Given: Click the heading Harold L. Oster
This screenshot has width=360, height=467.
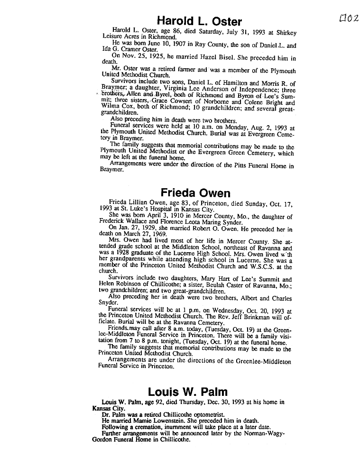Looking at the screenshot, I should click(x=199, y=21).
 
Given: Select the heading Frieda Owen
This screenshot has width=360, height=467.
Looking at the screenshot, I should click(x=195, y=193).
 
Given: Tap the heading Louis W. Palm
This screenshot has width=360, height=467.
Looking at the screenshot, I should click(x=187, y=392).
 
